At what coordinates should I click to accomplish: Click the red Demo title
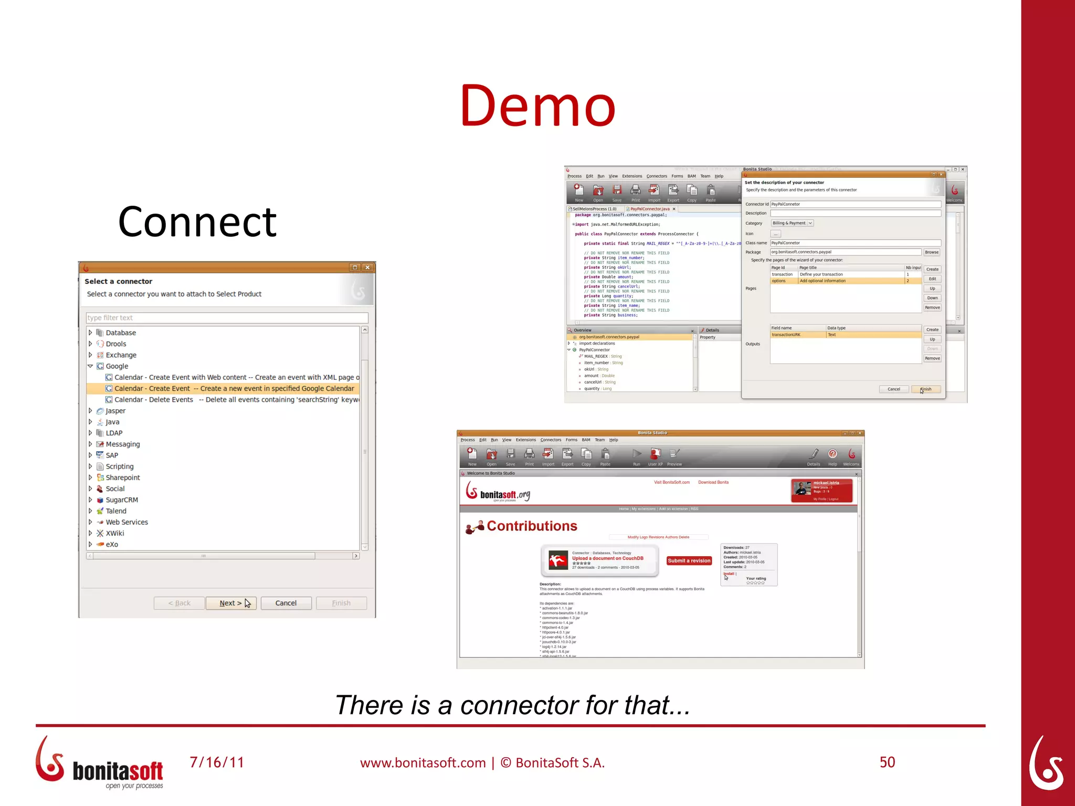click(x=537, y=106)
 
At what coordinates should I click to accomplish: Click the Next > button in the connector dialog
click(x=231, y=603)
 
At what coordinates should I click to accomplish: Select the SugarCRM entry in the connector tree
click(x=121, y=500)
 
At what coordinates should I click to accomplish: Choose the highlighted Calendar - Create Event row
click(x=234, y=388)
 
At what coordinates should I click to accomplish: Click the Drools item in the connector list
click(x=115, y=344)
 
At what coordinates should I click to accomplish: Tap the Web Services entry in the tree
click(x=127, y=522)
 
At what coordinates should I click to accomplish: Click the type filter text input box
click(x=227, y=317)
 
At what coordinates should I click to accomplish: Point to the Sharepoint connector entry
click(x=122, y=478)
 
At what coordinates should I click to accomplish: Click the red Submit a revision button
click(x=689, y=560)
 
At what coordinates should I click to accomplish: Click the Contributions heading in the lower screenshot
click(x=531, y=526)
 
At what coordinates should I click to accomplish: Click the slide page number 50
click(x=887, y=762)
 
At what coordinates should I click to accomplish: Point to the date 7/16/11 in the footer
click(x=217, y=762)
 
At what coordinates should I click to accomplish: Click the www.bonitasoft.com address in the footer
click(x=423, y=762)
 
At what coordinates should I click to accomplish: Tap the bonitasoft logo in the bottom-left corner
click(x=100, y=763)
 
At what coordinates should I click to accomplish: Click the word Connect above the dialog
click(x=197, y=222)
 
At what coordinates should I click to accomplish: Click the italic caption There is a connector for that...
click(x=512, y=705)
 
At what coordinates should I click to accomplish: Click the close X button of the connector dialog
click(x=367, y=268)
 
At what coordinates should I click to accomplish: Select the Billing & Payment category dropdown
click(x=792, y=223)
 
